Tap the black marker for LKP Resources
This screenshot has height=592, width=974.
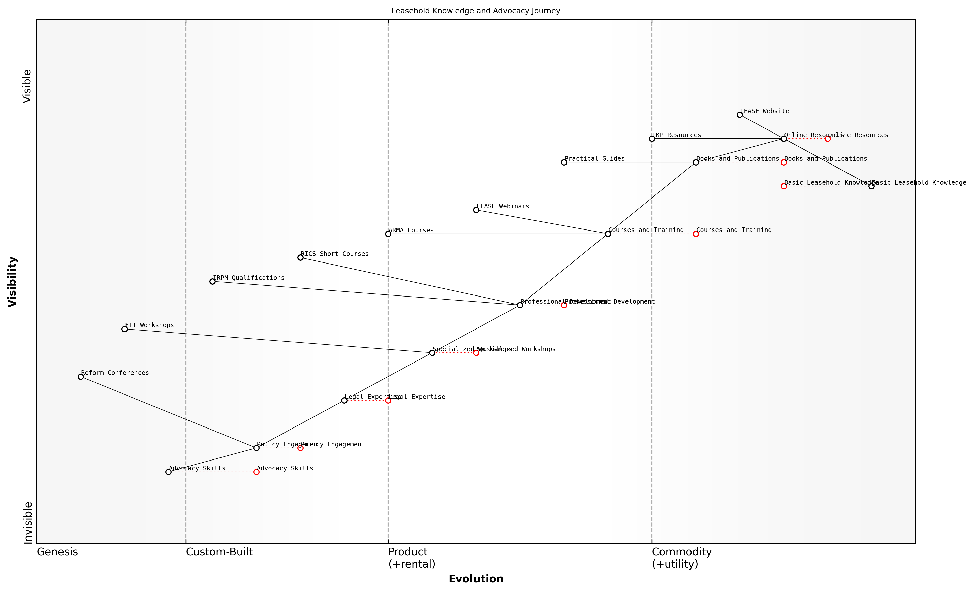coord(652,139)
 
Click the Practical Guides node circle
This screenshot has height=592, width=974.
coord(564,162)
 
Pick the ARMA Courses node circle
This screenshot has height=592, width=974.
coord(388,234)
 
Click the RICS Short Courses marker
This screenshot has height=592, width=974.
coord(300,258)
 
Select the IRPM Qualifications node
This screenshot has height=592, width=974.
coord(212,281)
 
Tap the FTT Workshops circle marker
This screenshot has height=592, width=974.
coord(124,329)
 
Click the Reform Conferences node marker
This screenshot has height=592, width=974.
coord(81,377)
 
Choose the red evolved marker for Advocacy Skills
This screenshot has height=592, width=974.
coord(256,472)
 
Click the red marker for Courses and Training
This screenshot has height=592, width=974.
coord(696,234)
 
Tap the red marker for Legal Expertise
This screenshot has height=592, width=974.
coord(388,400)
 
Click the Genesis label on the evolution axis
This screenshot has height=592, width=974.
coord(57,552)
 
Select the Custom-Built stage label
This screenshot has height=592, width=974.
coord(219,552)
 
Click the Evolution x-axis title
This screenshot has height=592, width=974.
coord(476,579)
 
